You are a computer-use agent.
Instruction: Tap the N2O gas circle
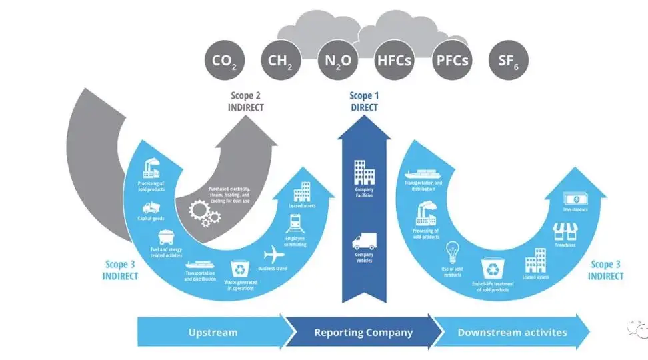(337, 61)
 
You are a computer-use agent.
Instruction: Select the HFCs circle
(394, 61)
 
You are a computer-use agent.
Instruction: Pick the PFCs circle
(451, 61)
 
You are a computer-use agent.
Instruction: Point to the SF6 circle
(509, 61)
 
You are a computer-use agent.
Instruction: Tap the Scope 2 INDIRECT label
(245, 101)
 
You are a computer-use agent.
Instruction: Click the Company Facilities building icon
(364, 172)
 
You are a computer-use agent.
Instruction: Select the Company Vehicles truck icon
(364, 242)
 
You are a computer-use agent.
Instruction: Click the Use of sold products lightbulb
(453, 251)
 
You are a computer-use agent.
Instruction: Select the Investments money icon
(575, 198)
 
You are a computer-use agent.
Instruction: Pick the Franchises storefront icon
(565, 231)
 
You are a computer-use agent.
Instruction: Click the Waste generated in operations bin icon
(239, 269)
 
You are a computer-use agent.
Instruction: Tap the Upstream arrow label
(213, 332)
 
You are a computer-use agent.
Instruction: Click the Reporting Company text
(363, 332)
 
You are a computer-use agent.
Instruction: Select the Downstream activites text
(512, 332)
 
